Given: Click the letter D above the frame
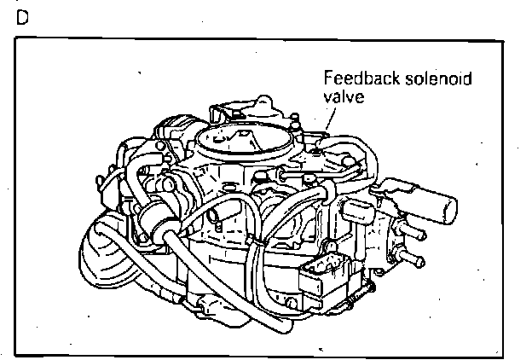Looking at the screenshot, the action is [20, 17].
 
